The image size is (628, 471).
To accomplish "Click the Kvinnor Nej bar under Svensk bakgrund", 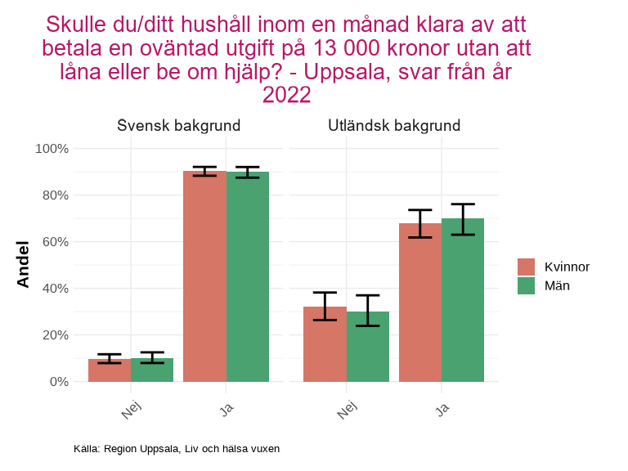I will (110, 370).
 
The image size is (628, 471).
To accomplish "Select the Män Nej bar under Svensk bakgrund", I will (152, 370).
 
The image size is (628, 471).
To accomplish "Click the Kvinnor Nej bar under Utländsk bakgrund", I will (325, 343).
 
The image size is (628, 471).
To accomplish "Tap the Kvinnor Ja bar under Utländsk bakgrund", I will (420, 303).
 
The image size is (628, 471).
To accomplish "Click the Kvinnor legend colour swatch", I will (526, 267).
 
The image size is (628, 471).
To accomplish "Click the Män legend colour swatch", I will (526, 285).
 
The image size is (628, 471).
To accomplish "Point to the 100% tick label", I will (52, 149).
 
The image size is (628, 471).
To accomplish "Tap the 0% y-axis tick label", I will (58, 382).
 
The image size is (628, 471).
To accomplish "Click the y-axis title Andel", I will (23, 264).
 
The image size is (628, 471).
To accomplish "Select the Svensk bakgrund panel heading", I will (178, 126).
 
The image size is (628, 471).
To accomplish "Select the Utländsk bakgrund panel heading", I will (394, 126).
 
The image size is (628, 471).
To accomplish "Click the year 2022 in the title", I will (285, 96).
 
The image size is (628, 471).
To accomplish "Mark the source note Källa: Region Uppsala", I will (177, 449).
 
